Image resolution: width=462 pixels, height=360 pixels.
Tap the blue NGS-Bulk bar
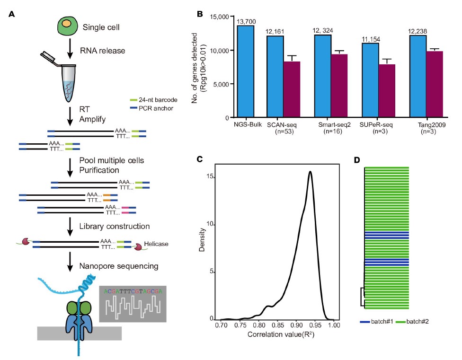pyautogui.click(x=245, y=71)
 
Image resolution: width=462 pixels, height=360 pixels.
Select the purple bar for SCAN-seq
pyautogui.click(x=292, y=89)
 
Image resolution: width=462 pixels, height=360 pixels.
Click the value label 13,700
pyautogui.click(x=245, y=21)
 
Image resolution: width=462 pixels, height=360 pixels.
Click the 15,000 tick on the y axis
pyautogui.click(x=219, y=17)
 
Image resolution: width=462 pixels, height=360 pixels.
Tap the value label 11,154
pyautogui.click(x=370, y=39)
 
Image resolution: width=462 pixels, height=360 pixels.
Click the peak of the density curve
pyautogui.click(x=310, y=172)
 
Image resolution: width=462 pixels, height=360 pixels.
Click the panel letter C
pyautogui.click(x=200, y=159)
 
